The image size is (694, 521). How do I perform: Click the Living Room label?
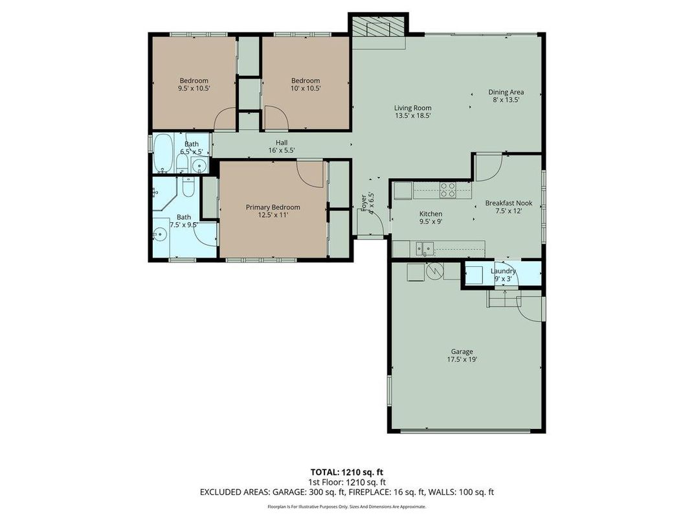coord(412,108)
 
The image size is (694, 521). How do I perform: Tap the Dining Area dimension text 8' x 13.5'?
coord(506,100)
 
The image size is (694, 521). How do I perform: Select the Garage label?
coord(462,352)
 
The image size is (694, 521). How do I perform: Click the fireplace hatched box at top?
coord(379,29)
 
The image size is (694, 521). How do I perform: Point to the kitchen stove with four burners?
coord(447,189)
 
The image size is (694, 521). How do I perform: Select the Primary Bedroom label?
coord(273,207)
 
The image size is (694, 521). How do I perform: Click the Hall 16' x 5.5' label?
coord(281,146)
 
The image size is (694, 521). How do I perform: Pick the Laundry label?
coord(503,271)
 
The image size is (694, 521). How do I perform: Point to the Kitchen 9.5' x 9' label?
coord(431,218)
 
